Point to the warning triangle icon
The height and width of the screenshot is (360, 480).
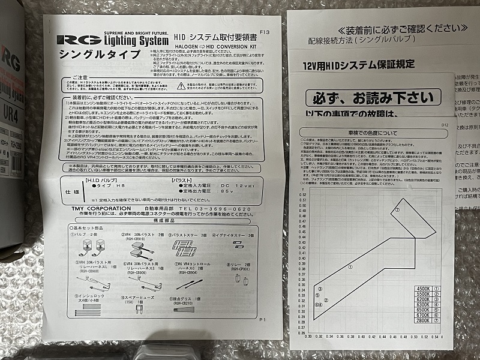coord(181,86)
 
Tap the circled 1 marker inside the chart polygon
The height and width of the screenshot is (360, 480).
coord(350,268)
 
